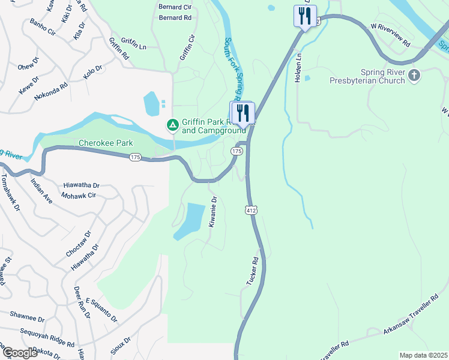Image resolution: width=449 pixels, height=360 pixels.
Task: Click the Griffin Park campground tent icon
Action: pos(172,125)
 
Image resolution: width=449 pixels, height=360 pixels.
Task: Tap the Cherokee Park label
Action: pos(106,143)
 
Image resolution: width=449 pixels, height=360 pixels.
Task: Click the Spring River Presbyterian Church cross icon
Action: pos(414,76)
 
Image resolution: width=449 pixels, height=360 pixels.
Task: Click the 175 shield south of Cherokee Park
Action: pos(134,157)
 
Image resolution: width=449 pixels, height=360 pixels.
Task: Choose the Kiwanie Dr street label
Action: pos(212,212)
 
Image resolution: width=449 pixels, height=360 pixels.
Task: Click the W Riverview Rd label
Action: pos(390,36)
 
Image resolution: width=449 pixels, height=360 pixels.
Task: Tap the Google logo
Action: pos(19,352)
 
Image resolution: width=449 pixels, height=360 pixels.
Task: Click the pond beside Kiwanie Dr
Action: pos(190,220)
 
